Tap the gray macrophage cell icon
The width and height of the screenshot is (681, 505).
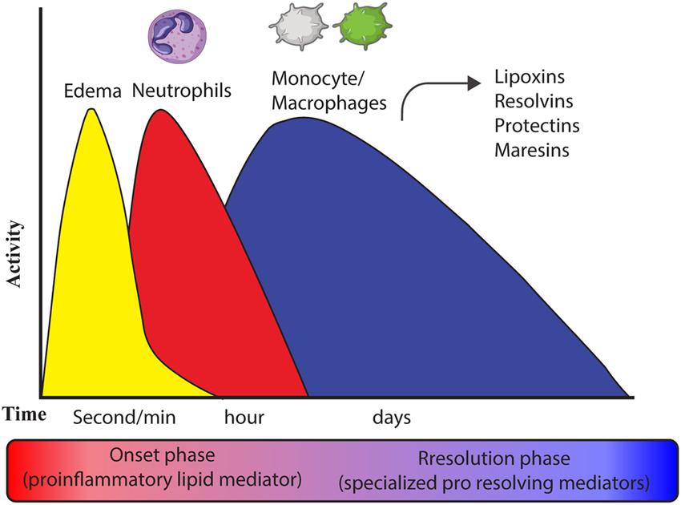(297, 26)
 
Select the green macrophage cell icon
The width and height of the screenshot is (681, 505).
(363, 26)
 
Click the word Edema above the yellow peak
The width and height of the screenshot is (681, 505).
(92, 91)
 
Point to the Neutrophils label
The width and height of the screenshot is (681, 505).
(182, 91)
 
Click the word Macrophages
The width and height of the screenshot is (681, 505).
(328, 103)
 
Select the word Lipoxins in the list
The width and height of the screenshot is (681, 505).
(530, 77)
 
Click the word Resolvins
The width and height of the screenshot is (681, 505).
(534, 101)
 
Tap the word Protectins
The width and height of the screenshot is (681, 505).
(537, 126)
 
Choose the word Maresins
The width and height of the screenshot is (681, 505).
(532, 151)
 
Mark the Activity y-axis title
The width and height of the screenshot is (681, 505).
(14, 254)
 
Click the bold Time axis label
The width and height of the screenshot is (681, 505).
(25, 414)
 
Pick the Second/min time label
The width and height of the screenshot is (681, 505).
(124, 417)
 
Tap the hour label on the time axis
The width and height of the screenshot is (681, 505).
(244, 417)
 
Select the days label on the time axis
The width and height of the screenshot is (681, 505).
(392, 418)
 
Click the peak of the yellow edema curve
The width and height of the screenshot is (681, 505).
(91, 109)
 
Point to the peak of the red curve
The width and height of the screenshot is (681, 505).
(161, 110)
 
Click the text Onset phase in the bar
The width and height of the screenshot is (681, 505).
(162, 455)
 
